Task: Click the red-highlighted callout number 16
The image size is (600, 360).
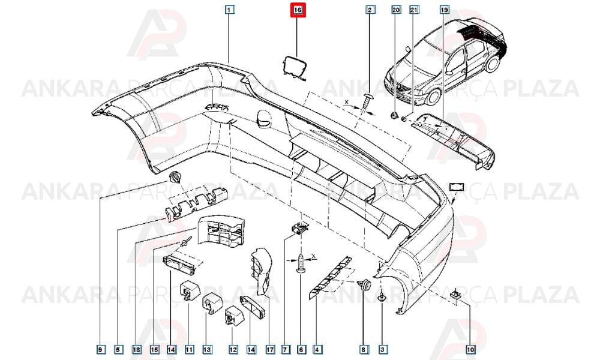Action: (x=298, y=10)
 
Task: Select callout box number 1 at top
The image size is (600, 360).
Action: (x=229, y=10)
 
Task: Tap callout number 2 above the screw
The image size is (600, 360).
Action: (x=370, y=10)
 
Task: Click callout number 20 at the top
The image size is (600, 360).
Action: (x=396, y=10)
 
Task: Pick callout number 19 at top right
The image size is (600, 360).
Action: (x=444, y=10)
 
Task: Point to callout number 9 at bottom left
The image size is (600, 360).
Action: (x=100, y=349)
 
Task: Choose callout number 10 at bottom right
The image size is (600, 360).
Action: (x=470, y=349)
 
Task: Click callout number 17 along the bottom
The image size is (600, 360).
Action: (x=270, y=349)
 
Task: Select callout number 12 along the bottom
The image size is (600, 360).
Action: (x=233, y=349)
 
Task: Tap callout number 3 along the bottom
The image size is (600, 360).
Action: (x=382, y=349)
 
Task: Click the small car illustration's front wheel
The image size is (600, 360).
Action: (x=433, y=97)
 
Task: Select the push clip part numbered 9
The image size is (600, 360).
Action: (x=175, y=177)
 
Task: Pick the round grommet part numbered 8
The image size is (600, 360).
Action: (x=365, y=284)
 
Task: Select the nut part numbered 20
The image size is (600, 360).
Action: (x=394, y=115)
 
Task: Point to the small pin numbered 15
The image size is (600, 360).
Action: (x=187, y=242)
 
